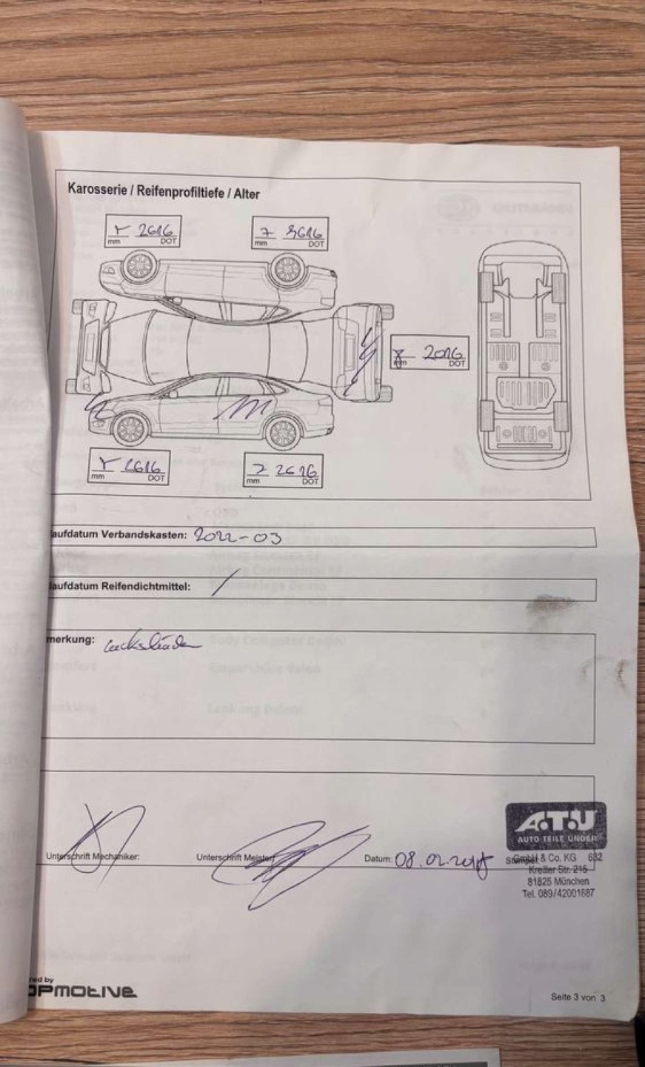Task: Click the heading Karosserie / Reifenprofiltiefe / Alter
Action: coord(163,190)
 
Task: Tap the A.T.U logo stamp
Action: coord(555,825)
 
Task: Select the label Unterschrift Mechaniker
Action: coord(93,857)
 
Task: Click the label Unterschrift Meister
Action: coord(235,858)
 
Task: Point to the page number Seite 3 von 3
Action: coord(578,997)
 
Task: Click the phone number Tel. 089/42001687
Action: coord(558,893)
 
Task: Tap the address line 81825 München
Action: coord(558,882)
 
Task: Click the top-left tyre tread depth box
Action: coord(142,231)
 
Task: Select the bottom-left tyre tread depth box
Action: coord(128,468)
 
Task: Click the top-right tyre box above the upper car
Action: coord(290,233)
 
